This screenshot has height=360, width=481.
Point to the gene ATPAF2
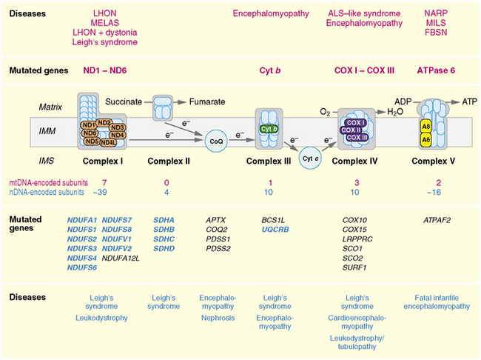tap(437, 220)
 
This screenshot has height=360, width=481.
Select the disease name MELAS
tap(105, 23)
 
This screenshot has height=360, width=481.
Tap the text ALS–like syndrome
tap(366, 13)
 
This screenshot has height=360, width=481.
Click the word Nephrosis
tap(217, 318)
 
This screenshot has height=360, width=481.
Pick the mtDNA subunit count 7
tap(106, 181)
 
